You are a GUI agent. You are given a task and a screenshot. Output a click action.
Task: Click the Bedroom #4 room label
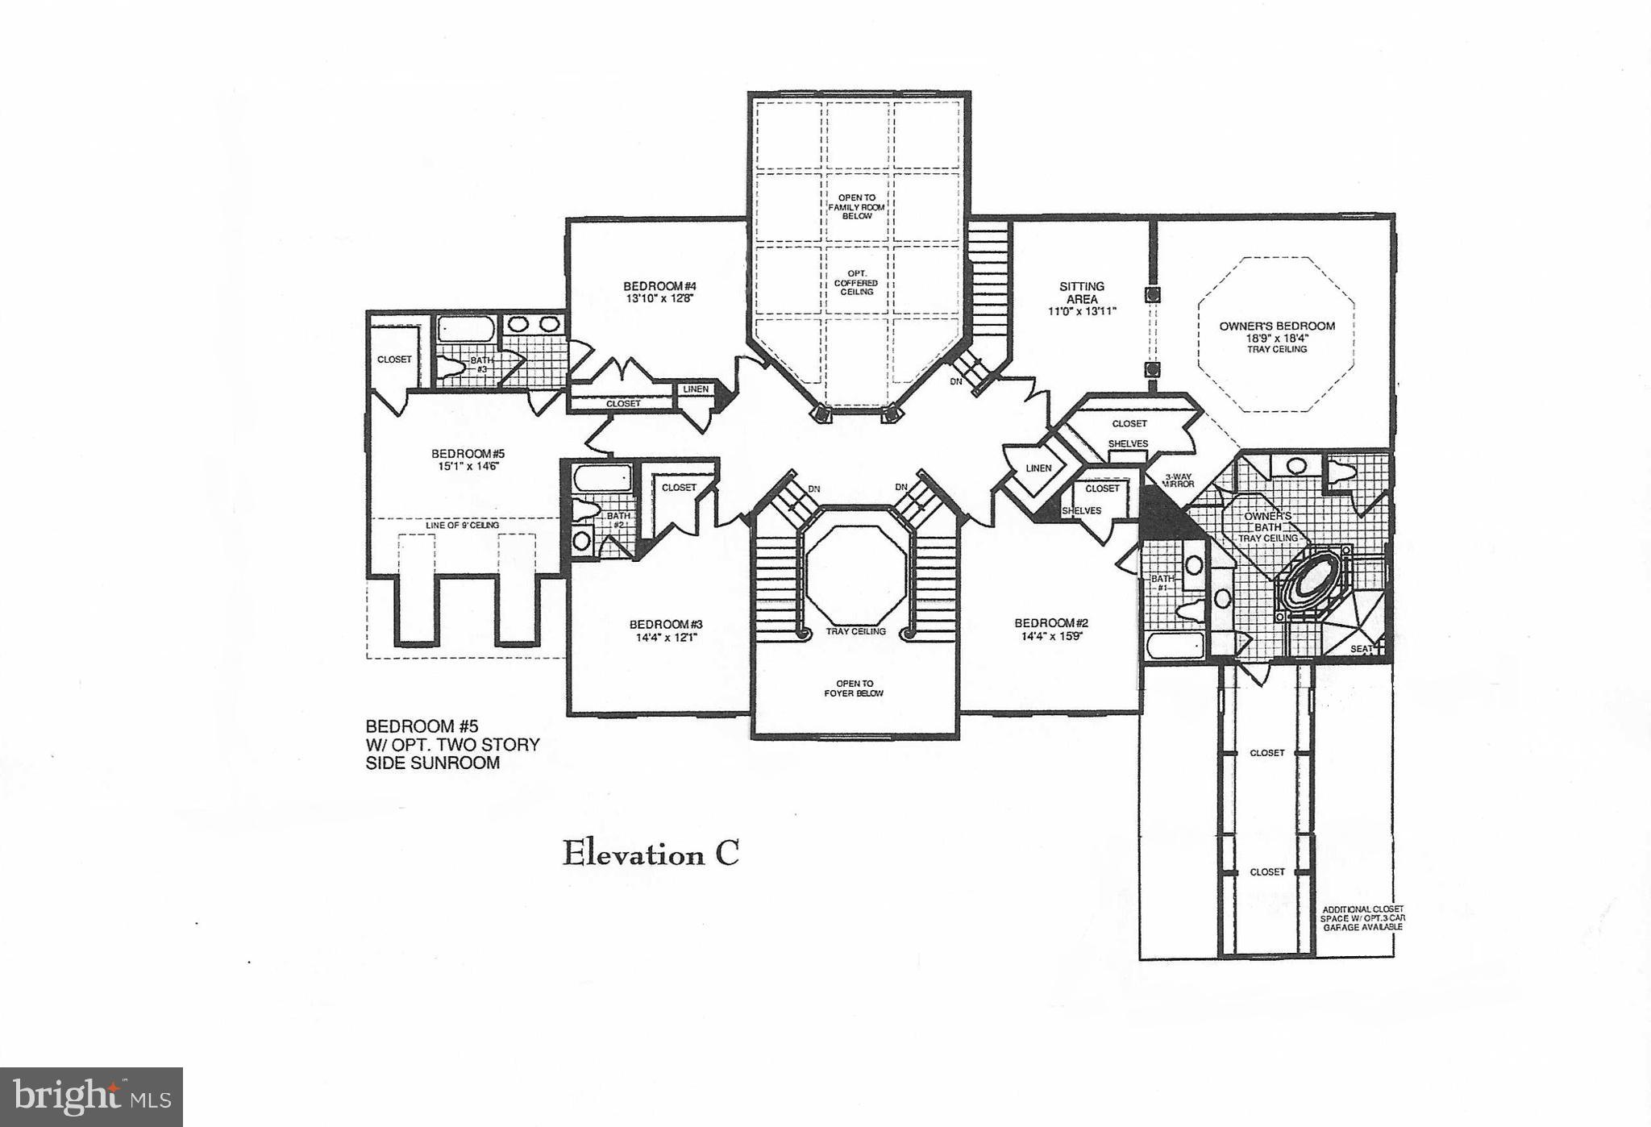(659, 286)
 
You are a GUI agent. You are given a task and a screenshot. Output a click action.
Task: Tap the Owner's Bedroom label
(1277, 326)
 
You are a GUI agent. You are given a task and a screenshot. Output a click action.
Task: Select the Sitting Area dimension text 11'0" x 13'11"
(1082, 311)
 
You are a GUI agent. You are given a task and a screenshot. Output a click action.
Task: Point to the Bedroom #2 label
(1051, 622)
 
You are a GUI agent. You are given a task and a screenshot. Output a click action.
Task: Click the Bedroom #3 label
(666, 624)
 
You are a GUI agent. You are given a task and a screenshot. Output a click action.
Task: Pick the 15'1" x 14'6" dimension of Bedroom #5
(468, 466)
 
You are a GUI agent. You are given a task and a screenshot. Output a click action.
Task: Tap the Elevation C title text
(650, 854)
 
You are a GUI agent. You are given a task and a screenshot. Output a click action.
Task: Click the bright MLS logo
(91, 1097)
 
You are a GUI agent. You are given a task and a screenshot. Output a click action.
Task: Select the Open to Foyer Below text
(854, 688)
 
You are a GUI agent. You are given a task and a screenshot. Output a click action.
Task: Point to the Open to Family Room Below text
(856, 207)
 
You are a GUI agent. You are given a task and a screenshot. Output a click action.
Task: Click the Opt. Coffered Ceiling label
(856, 283)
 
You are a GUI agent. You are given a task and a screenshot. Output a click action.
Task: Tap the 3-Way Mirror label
(1178, 480)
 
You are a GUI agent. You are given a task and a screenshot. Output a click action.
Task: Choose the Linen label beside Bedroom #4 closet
(696, 389)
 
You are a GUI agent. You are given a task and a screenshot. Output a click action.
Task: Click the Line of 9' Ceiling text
(462, 526)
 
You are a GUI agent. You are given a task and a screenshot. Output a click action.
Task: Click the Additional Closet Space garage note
(1362, 918)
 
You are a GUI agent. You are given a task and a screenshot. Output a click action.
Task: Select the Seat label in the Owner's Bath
(1362, 648)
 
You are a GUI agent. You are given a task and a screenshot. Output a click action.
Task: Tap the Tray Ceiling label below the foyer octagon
(855, 631)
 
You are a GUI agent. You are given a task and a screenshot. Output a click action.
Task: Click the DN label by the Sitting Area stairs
(956, 381)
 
